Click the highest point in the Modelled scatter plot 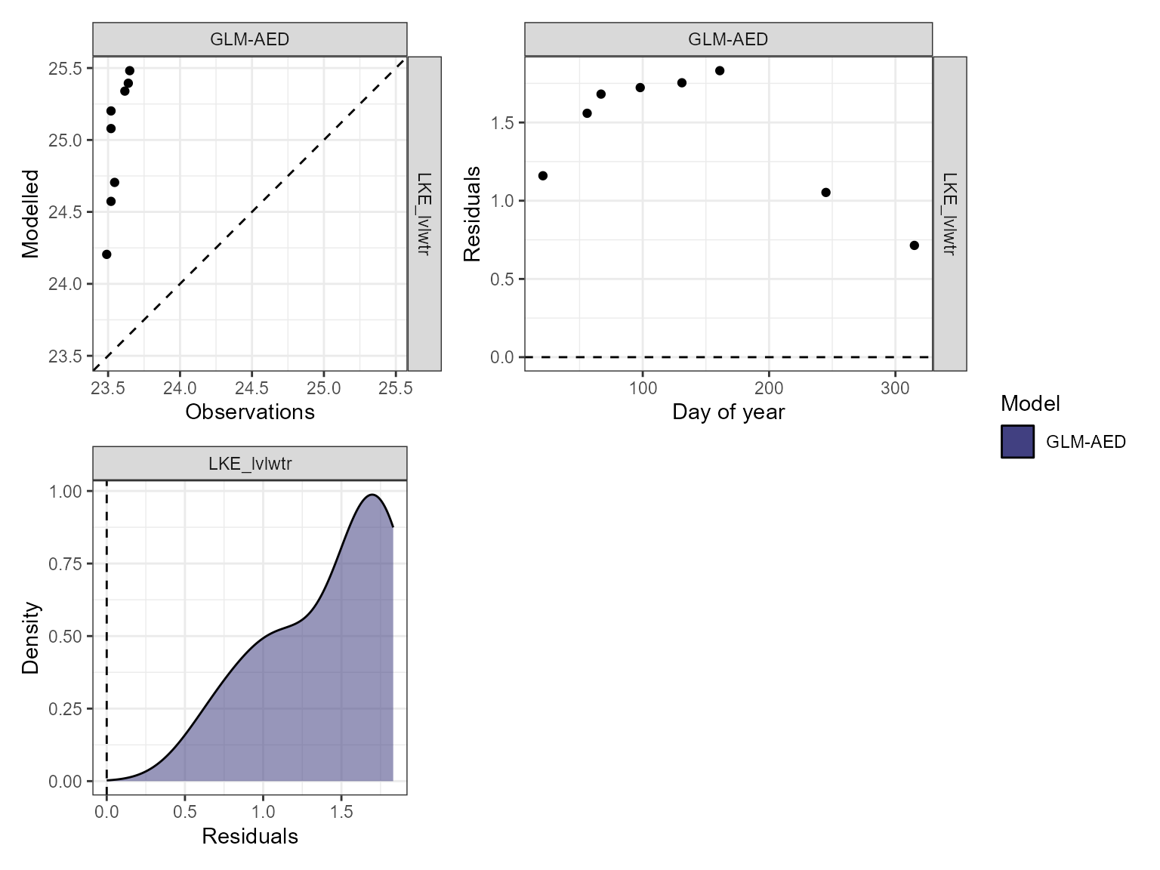(x=129, y=71)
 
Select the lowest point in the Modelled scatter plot (x=106, y=255)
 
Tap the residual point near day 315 (x=914, y=245)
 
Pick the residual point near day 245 (x=825, y=193)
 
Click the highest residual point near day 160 (x=720, y=71)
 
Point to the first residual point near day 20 (x=542, y=176)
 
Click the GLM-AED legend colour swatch (x=1017, y=442)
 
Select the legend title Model (x=1030, y=404)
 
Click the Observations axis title (x=250, y=412)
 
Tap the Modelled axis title (x=30, y=214)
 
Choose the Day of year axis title (x=728, y=412)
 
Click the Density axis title (x=30, y=637)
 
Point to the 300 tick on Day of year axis (x=895, y=388)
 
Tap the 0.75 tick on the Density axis (x=66, y=563)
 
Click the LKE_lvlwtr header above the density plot (x=250, y=464)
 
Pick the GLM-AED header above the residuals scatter (x=728, y=39)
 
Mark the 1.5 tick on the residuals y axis (x=502, y=123)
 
